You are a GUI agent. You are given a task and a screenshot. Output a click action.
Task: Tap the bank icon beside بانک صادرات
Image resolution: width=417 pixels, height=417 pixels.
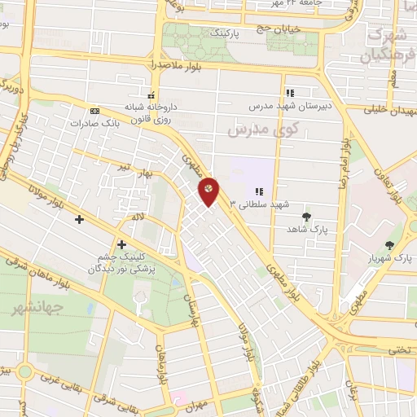click(x=95, y=111)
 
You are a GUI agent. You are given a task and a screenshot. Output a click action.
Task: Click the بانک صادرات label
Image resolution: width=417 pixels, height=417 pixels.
click(x=89, y=124)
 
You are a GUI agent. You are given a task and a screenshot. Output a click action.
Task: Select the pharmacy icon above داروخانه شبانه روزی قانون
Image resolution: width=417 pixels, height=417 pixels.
click(x=150, y=94)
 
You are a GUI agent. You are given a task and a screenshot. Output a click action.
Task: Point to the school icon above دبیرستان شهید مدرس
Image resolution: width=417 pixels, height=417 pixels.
click(x=290, y=93)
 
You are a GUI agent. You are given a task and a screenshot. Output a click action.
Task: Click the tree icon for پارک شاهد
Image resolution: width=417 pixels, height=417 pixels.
click(x=306, y=217)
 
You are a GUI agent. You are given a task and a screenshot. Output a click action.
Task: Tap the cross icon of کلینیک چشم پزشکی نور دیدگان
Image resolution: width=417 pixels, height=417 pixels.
click(x=121, y=244)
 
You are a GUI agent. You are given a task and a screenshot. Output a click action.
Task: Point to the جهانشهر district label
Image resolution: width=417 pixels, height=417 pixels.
click(x=28, y=309)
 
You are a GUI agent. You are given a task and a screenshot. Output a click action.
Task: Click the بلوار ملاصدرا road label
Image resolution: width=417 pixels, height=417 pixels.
click(x=174, y=63)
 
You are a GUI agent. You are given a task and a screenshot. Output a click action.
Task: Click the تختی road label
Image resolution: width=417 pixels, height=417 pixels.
click(x=397, y=347)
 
